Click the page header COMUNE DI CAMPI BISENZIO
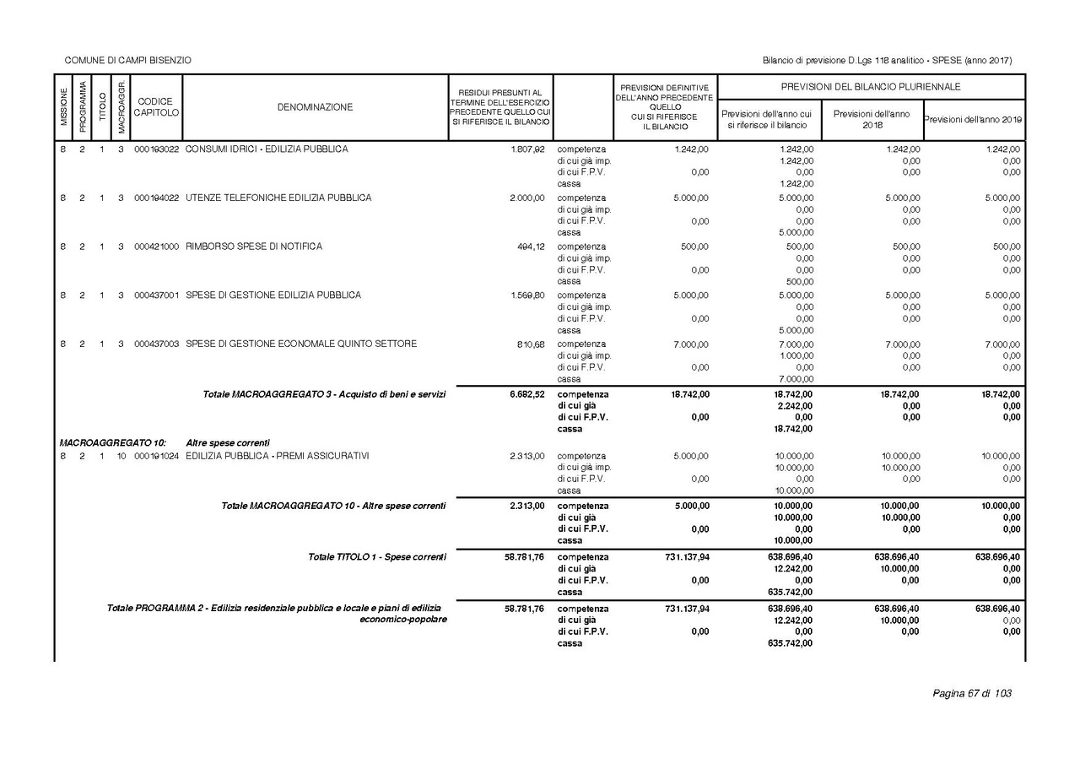pyautogui.click(x=128, y=60)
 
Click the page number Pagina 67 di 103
pyautogui.click(x=971, y=694)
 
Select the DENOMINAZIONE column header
pyautogui.click(x=315, y=107)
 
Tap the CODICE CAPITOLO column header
pyautogui.click(x=155, y=107)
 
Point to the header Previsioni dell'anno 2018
pyautogui.click(x=872, y=119)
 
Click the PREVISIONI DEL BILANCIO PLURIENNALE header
pyautogui.click(x=871, y=87)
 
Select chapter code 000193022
pyautogui.click(x=156, y=149)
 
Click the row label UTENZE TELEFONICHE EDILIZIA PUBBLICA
pyautogui.click(x=278, y=198)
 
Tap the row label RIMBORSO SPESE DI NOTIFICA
pyautogui.click(x=254, y=247)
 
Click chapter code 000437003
pyautogui.click(x=156, y=344)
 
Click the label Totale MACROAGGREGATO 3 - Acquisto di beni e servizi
pyautogui.click(x=324, y=394)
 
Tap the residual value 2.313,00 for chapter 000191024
pyautogui.click(x=527, y=457)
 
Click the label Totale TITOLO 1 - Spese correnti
pyautogui.click(x=377, y=557)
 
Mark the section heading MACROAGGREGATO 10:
pyautogui.click(x=112, y=443)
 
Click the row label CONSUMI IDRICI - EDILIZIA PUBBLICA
pyautogui.click(x=267, y=149)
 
